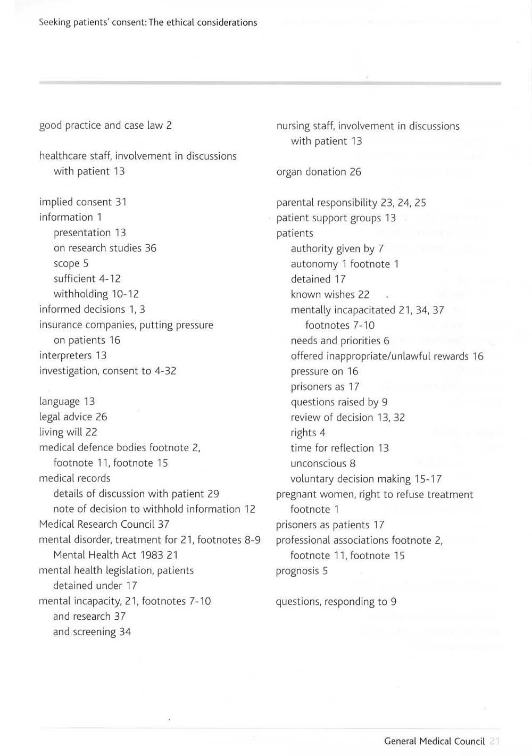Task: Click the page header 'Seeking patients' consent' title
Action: (148, 22)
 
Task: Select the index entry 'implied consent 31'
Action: (83, 202)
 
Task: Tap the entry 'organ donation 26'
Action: (319, 171)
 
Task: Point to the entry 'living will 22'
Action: (68, 431)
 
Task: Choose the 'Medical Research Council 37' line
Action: (104, 524)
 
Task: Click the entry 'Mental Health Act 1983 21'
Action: (115, 554)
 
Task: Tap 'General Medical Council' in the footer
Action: (434, 741)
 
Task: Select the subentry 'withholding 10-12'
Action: (96, 294)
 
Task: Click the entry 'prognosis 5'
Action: (302, 571)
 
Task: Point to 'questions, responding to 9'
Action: (336, 601)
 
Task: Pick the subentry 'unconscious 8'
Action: (323, 463)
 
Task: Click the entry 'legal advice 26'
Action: (73, 417)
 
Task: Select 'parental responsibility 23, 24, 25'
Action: (351, 202)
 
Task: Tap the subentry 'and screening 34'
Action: (92, 632)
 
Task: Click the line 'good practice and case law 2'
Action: (105, 125)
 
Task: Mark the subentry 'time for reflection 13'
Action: (339, 447)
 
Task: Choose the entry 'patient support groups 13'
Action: (336, 218)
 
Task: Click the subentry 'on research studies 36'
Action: (105, 247)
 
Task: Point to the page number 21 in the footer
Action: (494, 741)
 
